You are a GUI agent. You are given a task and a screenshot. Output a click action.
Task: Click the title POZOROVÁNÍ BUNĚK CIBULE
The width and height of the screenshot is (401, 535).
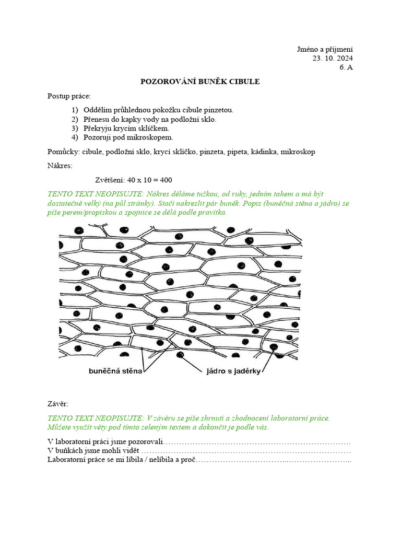coord(200,82)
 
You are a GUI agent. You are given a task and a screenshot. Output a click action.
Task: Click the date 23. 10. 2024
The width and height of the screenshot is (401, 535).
coord(333,58)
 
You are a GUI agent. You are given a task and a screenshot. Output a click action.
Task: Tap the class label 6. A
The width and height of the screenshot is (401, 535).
coord(346,67)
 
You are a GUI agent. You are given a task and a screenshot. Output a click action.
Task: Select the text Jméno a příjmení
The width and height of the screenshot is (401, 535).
coord(325,49)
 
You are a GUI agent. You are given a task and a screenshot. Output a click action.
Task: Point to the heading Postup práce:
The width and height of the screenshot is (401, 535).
coord(69,96)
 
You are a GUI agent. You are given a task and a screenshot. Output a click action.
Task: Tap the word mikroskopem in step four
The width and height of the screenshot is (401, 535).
coord(154,138)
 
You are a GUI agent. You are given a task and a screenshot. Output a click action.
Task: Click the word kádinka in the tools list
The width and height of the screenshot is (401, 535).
coord(264,152)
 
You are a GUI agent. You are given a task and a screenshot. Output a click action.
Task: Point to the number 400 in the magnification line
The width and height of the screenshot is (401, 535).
coord(166,180)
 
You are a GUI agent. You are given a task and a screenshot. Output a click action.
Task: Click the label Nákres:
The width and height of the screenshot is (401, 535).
coord(60,166)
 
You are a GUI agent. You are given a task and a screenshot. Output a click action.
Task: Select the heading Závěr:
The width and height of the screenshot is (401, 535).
coord(57,404)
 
